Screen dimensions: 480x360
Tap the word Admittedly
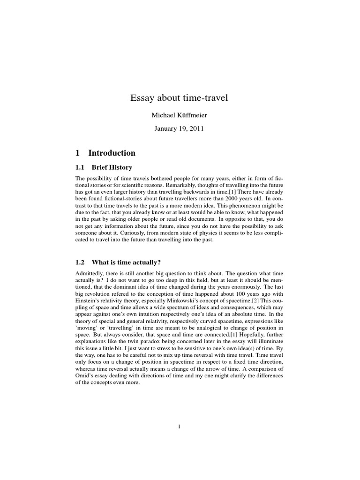pyautogui.click(x=92, y=273)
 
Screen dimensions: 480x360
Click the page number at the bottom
pyautogui.click(x=180, y=426)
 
